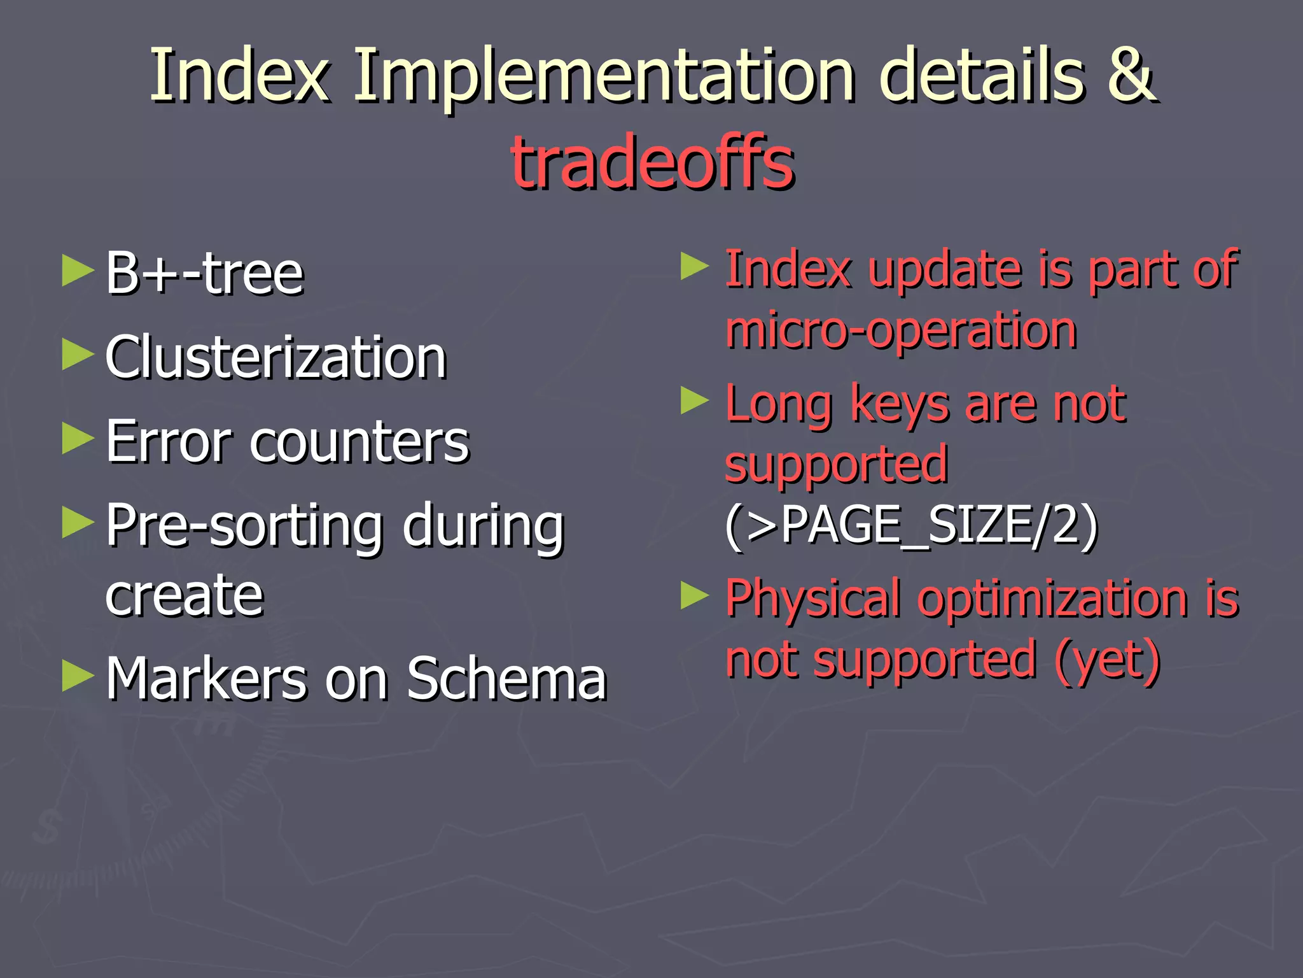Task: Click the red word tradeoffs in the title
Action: [653, 163]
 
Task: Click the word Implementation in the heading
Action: [604, 76]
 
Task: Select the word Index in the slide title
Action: [239, 76]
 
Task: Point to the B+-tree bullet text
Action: [204, 274]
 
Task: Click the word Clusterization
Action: [275, 358]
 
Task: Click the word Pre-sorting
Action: [244, 526]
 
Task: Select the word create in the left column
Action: [184, 596]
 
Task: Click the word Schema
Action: [506, 679]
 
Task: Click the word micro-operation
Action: [901, 331]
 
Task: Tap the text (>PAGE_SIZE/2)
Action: [911, 526]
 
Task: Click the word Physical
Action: [813, 599]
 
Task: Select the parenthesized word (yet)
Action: [1107, 661]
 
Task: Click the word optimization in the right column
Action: [1052, 599]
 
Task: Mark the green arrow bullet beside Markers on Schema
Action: [78, 676]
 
